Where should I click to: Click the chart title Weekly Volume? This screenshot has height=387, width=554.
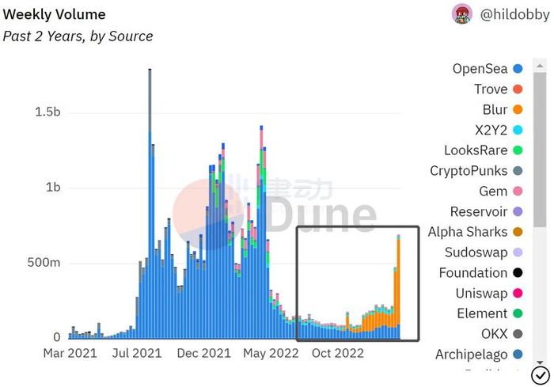coord(55,14)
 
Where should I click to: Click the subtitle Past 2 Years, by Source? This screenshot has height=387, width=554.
coord(78,36)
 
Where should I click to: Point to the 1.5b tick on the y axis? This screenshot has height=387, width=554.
coord(47,112)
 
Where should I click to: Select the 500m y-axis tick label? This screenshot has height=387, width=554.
coord(43,263)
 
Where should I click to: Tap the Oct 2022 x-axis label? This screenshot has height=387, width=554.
coord(336,353)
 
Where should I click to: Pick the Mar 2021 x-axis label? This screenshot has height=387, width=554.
coord(70,353)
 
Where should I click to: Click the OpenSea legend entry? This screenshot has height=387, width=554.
coord(480,69)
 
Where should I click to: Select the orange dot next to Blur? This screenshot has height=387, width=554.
coord(518,109)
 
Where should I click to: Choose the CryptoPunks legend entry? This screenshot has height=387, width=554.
coord(469,170)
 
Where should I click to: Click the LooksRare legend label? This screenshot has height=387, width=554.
coord(472,150)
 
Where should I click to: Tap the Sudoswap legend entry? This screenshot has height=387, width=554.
coord(472,252)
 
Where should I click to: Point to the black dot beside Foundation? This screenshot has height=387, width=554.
coord(518,273)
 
